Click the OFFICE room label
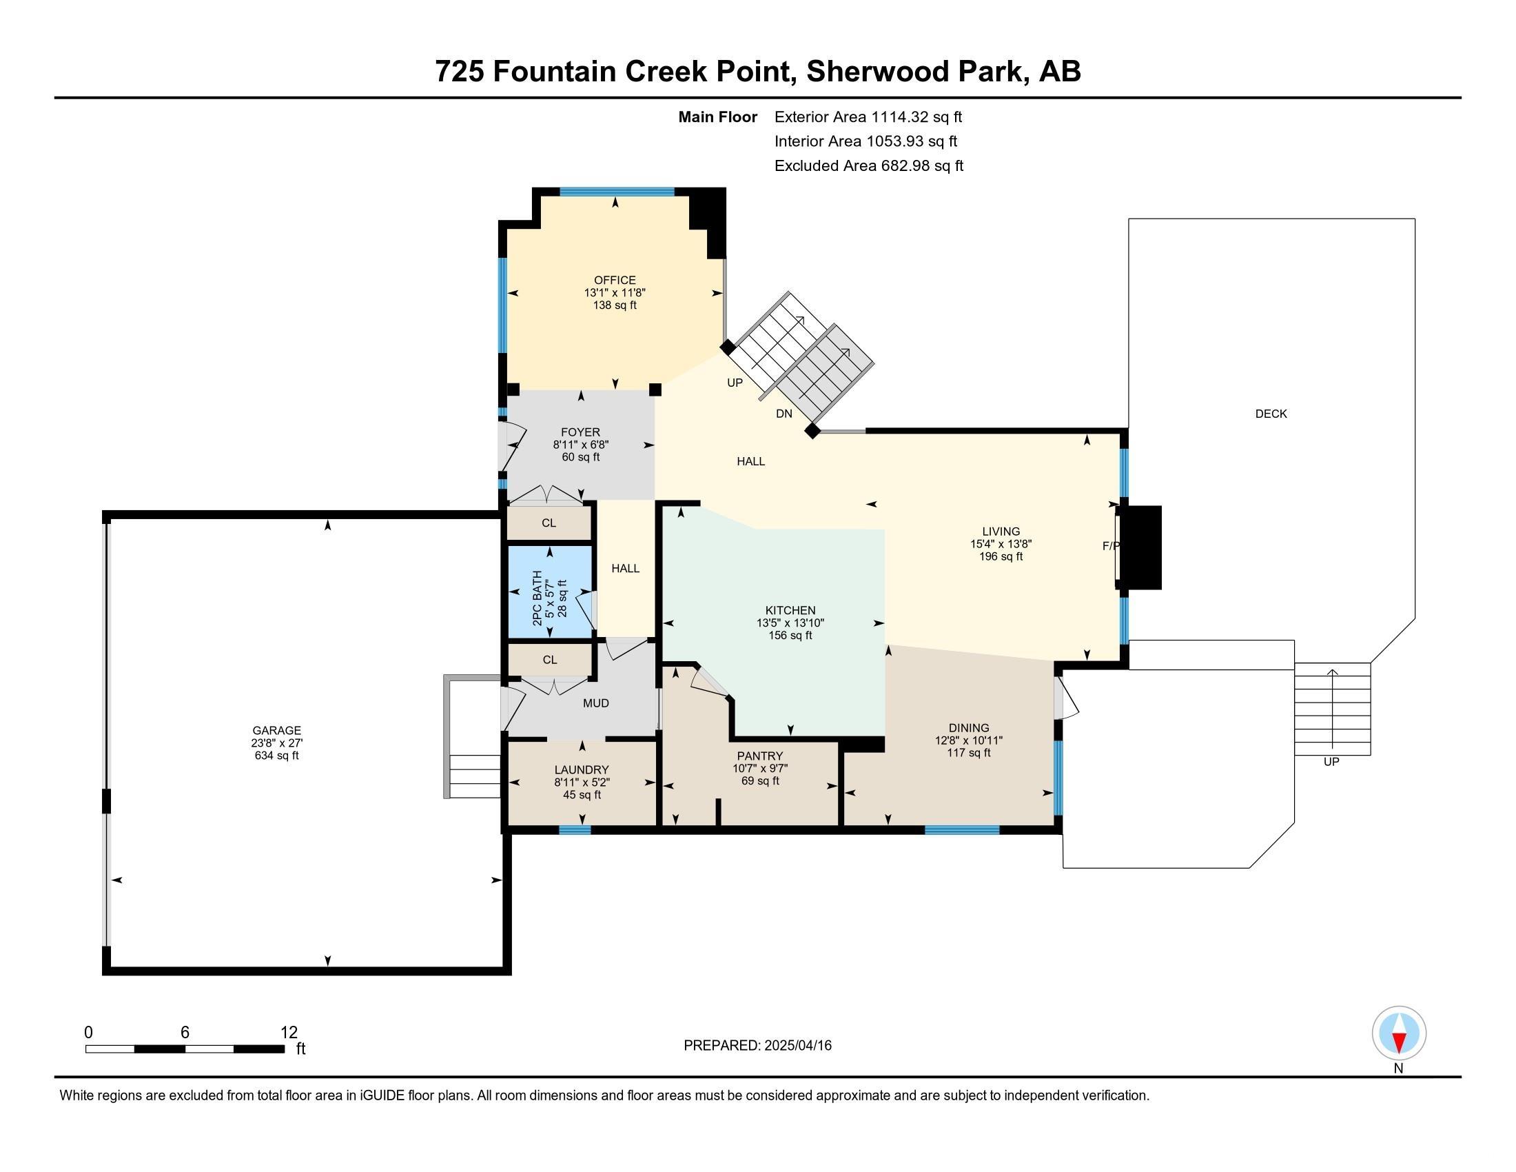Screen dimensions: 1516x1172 click(x=615, y=281)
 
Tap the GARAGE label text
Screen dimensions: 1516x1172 click(x=276, y=730)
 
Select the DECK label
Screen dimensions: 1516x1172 click(x=1271, y=414)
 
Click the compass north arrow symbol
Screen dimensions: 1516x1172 click(x=1399, y=1033)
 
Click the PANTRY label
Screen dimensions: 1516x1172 click(x=760, y=756)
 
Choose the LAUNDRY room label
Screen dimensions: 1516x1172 click(x=582, y=770)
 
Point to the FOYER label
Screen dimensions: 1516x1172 click(x=580, y=432)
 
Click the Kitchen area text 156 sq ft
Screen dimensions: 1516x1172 click(x=790, y=636)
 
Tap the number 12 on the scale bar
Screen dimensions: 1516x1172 click(x=289, y=1033)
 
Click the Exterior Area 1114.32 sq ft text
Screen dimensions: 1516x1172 click(x=868, y=117)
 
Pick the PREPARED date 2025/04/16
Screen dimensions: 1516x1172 click(x=797, y=1046)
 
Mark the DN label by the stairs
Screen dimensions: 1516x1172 click(x=783, y=414)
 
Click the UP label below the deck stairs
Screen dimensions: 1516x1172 click(x=1331, y=762)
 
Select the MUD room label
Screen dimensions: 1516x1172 click(x=595, y=703)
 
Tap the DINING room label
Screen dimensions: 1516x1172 click(x=969, y=728)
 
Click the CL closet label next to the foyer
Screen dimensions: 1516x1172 click(x=549, y=523)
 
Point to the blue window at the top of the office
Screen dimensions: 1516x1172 click(x=617, y=192)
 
